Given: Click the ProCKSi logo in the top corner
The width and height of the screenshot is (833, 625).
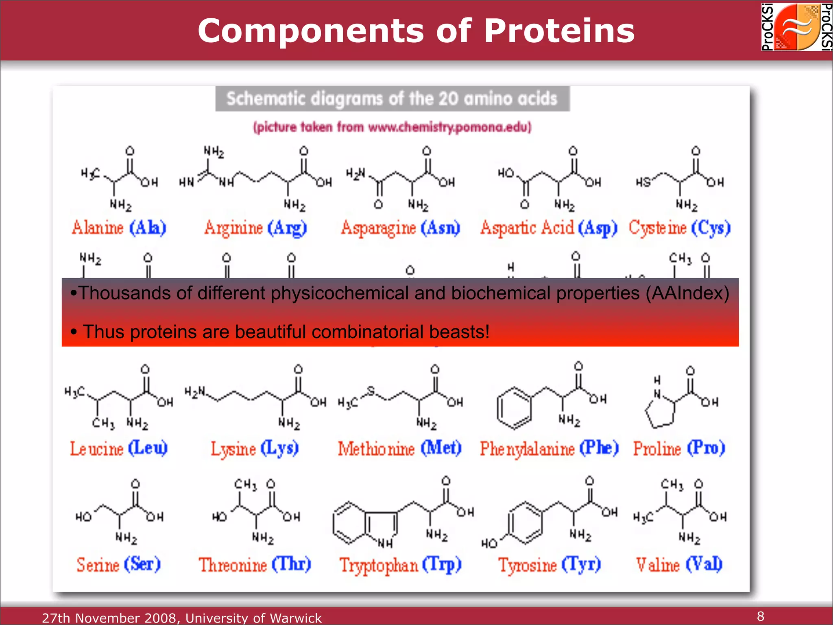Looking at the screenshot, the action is (797, 27).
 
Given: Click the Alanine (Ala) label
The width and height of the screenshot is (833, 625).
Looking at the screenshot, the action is (119, 228).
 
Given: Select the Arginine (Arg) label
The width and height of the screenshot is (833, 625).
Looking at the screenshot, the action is (255, 228).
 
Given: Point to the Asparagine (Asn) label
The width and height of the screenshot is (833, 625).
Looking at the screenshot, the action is (401, 228).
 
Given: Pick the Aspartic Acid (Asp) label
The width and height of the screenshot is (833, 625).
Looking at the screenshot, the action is (549, 228).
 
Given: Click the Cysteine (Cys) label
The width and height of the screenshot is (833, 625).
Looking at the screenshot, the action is (680, 228).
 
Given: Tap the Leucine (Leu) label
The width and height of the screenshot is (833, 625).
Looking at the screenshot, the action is (119, 448).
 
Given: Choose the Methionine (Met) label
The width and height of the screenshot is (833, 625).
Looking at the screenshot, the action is (400, 448).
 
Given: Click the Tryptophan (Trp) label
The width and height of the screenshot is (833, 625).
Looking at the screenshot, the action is (401, 565).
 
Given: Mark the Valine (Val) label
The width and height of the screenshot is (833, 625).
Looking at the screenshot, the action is (679, 565).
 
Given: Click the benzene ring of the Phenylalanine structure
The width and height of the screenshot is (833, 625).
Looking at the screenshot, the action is (514, 408).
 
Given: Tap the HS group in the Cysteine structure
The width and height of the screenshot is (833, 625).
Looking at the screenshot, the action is (643, 182).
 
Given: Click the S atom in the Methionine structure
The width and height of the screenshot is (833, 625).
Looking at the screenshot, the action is (371, 391).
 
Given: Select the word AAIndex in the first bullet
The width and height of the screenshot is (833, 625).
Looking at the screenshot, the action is (687, 293).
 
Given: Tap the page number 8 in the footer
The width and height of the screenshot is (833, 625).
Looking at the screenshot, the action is (761, 616).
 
